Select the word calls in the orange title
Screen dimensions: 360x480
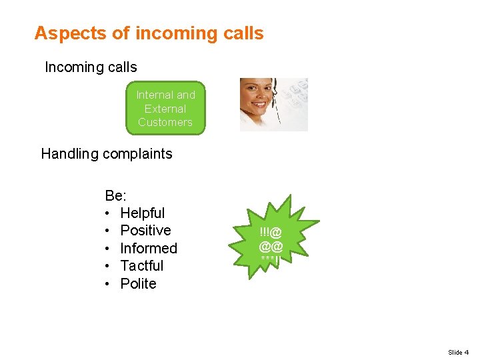coord(244,33)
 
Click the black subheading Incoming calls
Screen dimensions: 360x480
coord(91,67)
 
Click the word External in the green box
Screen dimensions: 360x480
coord(165,109)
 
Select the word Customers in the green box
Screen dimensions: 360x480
coord(165,122)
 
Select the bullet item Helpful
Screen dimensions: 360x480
coord(142,213)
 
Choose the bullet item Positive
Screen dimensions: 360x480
coord(145,231)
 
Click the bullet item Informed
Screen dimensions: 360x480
coord(149,249)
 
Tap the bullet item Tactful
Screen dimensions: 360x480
coord(141,266)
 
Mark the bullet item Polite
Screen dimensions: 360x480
coord(138,284)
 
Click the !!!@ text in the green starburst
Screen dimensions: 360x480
coord(271,232)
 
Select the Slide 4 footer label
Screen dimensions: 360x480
coord(458,352)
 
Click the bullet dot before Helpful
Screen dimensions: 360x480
coord(108,213)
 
